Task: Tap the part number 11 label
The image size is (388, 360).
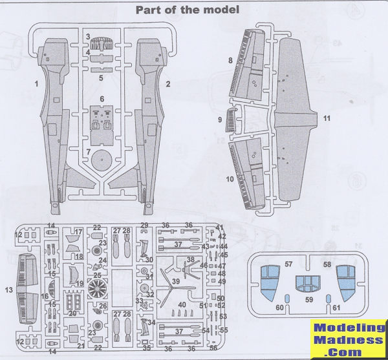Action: (x=327, y=118)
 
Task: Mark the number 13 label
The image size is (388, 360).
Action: (x=8, y=289)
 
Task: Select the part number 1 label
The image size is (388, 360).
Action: (x=37, y=84)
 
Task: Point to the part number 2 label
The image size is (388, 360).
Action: (x=167, y=84)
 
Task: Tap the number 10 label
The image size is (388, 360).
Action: (x=230, y=178)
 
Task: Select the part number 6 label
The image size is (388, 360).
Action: (x=102, y=98)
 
